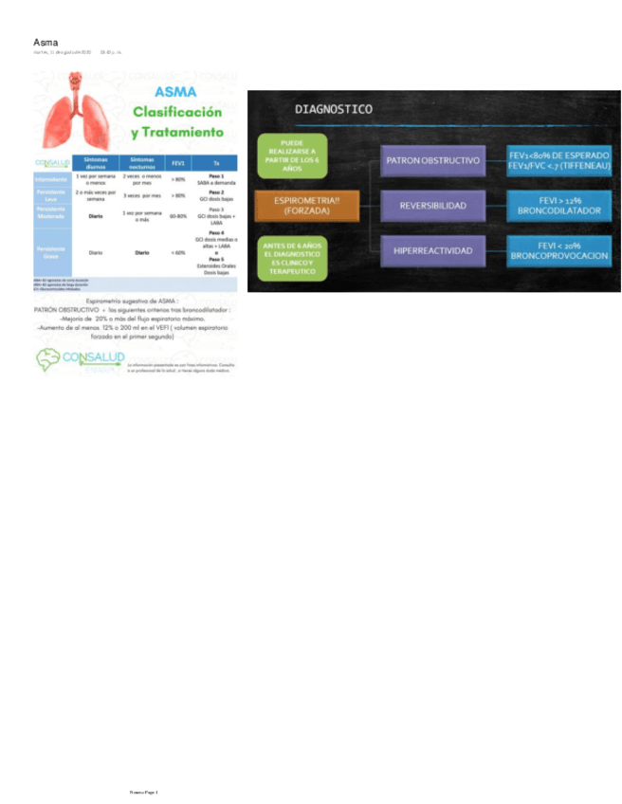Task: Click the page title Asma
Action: point(46,43)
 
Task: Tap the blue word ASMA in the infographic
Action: point(177,92)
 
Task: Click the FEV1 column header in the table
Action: point(177,163)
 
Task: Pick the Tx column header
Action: point(216,163)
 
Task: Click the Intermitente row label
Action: point(51,178)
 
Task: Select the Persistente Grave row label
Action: point(51,252)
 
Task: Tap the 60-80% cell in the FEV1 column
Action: point(177,216)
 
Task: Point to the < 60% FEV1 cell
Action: point(177,252)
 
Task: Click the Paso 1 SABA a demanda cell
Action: point(216,178)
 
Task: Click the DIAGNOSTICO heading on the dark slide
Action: point(334,109)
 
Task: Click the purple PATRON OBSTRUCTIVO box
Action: point(432,161)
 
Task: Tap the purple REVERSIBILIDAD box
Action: point(432,205)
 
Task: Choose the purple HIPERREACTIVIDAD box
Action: point(432,250)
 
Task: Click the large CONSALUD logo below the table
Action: point(80,357)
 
